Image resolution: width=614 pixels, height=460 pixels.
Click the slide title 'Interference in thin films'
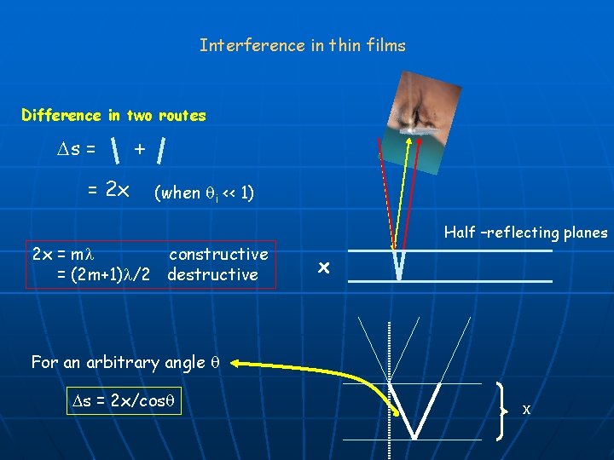coord(303,45)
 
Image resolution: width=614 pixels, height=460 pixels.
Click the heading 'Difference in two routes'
coord(113,115)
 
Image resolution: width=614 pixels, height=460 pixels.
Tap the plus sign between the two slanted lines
coord(139,150)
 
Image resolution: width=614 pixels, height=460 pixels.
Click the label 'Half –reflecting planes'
coord(525,233)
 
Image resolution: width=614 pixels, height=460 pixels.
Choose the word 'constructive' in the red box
coord(218,254)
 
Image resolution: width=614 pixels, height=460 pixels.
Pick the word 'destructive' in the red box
coord(212,274)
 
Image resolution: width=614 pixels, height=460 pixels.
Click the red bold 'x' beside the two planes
coord(323,267)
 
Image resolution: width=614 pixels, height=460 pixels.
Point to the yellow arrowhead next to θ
coord(236,362)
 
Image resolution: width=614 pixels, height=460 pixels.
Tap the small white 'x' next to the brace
coord(526,410)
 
